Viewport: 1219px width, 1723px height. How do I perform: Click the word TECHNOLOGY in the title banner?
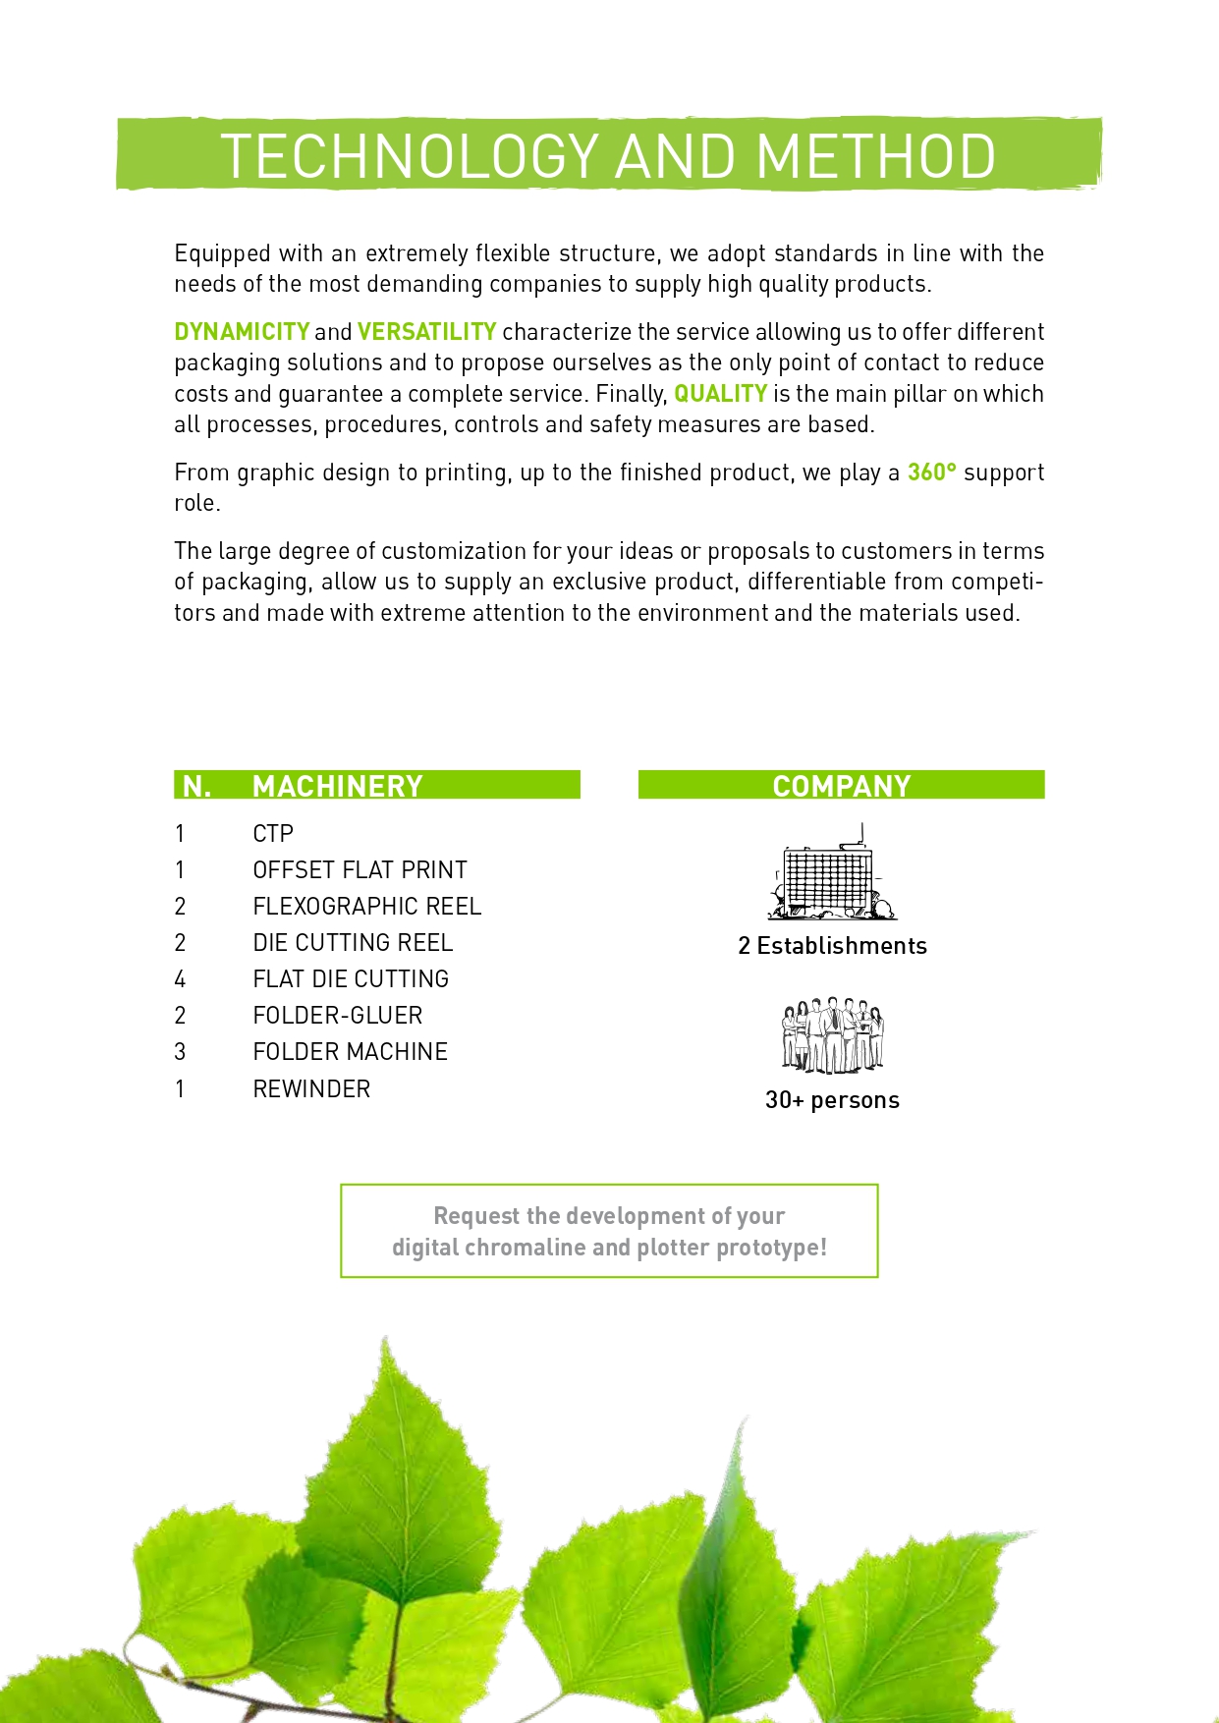(409, 156)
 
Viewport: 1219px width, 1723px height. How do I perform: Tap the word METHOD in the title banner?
(876, 156)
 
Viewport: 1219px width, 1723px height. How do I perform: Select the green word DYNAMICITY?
(242, 332)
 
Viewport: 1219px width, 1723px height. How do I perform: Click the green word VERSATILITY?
(426, 332)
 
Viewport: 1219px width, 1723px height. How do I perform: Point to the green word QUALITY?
(720, 394)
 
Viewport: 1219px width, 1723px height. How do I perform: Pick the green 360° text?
(931, 472)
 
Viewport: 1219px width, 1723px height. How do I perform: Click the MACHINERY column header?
(337, 786)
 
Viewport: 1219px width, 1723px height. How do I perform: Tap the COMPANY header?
(842, 786)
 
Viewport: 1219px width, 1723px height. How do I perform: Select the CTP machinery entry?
(273, 834)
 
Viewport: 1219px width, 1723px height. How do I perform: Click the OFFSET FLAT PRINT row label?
(360, 870)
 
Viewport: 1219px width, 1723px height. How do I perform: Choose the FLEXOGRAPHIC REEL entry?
(366, 907)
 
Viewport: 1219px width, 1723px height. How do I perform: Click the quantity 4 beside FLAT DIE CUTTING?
(180, 979)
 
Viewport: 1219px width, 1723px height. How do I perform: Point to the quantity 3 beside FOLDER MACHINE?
(180, 1052)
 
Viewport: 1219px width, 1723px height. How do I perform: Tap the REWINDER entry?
(311, 1089)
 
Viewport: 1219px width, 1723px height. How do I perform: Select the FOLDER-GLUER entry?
(337, 1016)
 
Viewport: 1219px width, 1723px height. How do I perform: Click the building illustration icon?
(832, 873)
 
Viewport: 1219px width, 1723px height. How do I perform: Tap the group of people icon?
(833, 1035)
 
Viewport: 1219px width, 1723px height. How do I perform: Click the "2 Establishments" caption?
(832, 946)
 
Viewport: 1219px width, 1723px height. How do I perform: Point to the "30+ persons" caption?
(832, 1100)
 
